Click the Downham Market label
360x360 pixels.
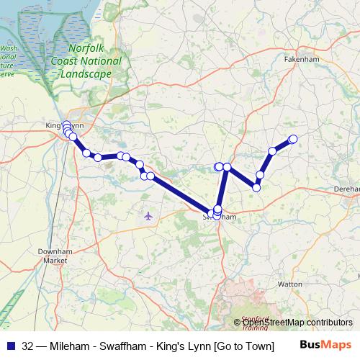[x=52, y=256]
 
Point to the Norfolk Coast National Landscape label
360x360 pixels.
[x=91, y=61]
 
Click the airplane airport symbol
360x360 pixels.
[x=148, y=215]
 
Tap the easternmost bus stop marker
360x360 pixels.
[x=293, y=139]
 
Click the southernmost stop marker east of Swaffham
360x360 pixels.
[x=256, y=187]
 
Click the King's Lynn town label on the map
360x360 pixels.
[x=65, y=125]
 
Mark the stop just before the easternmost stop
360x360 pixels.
[x=273, y=151]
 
